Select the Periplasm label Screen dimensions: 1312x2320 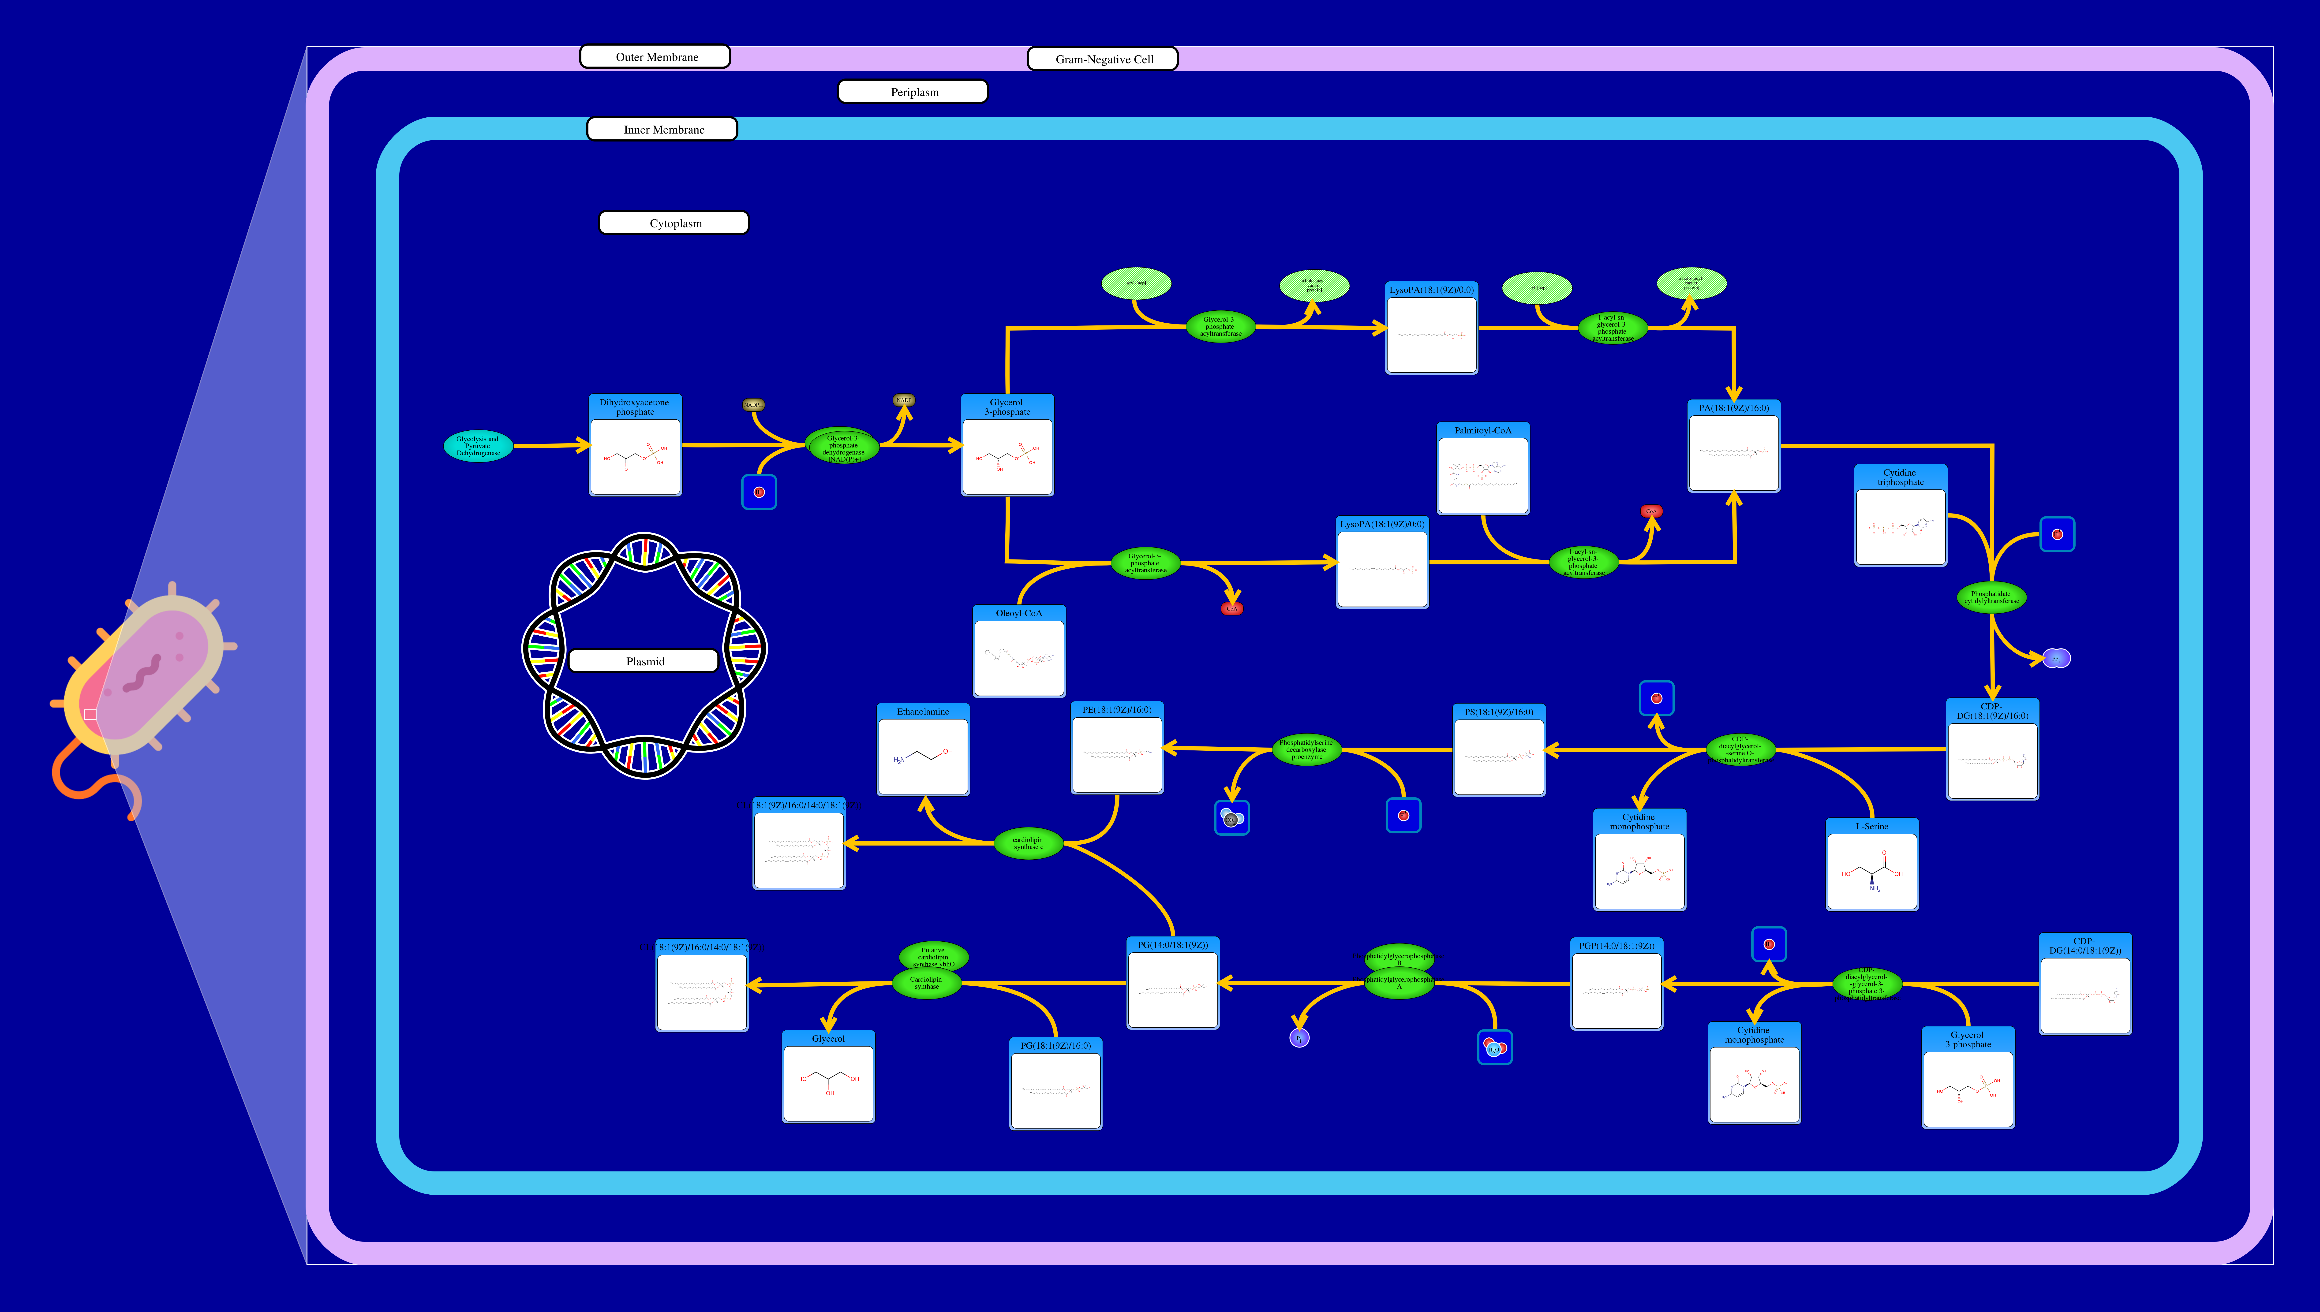pyautogui.click(x=913, y=92)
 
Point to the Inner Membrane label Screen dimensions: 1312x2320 pyautogui.click(x=662, y=130)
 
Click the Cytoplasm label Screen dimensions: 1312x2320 pyautogui.click(x=674, y=224)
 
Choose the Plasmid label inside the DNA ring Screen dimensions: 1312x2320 pyautogui.click(x=644, y=661)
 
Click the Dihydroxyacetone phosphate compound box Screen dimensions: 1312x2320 pyautogui.click(x=636, y=446)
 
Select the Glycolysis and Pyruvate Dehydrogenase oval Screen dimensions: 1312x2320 pyautogui.click(x=478, y=446)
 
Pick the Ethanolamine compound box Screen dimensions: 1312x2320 pyautogui.click(x=923, y=751)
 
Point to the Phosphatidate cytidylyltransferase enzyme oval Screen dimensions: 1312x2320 pyautogui.click(x=1991, y=597)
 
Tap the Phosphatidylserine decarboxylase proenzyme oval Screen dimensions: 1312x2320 pyautogui.click(x=1306, y=750)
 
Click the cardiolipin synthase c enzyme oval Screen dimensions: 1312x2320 pyautogui.click(x=1028, y=843)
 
